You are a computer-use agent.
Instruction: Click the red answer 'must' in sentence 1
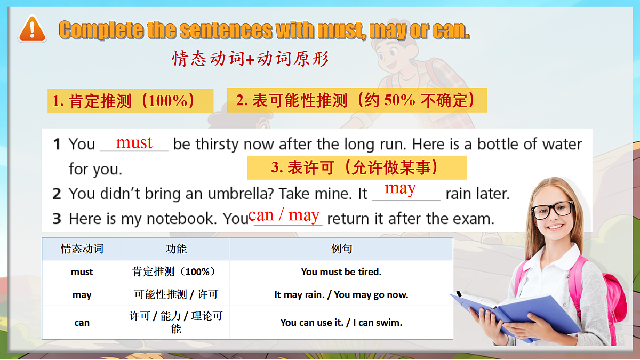pyautogui.click(x=134, y=142)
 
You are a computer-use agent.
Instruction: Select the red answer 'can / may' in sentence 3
pyautogui.click(x=284, y=215)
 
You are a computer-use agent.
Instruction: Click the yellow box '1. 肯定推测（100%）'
pyautogui.click(x=130, y=101)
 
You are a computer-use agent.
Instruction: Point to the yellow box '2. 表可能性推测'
pyautogui.click(x=357, y=100)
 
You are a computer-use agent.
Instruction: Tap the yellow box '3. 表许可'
pyautogui.click(x=356, y=167)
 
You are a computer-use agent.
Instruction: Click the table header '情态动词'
pyautogui.click(x=82, y=249)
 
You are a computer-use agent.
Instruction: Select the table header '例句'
pyautogui.click(x=341, y=249)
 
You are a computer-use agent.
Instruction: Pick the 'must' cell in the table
pyautogui.click(x=82, y=272)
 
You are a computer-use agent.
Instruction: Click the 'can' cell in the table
pyautogui.click(x=82, y=323)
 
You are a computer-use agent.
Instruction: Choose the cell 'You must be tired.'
pyautogui.click(x=341, y=272)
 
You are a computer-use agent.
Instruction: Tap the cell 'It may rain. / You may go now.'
pyautogui.click(x=341, y=295)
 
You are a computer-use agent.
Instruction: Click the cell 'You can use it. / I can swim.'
pyautogui.click(x=341, y=323)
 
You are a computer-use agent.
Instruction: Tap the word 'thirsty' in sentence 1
pyautogui.click(x=217, y=145)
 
